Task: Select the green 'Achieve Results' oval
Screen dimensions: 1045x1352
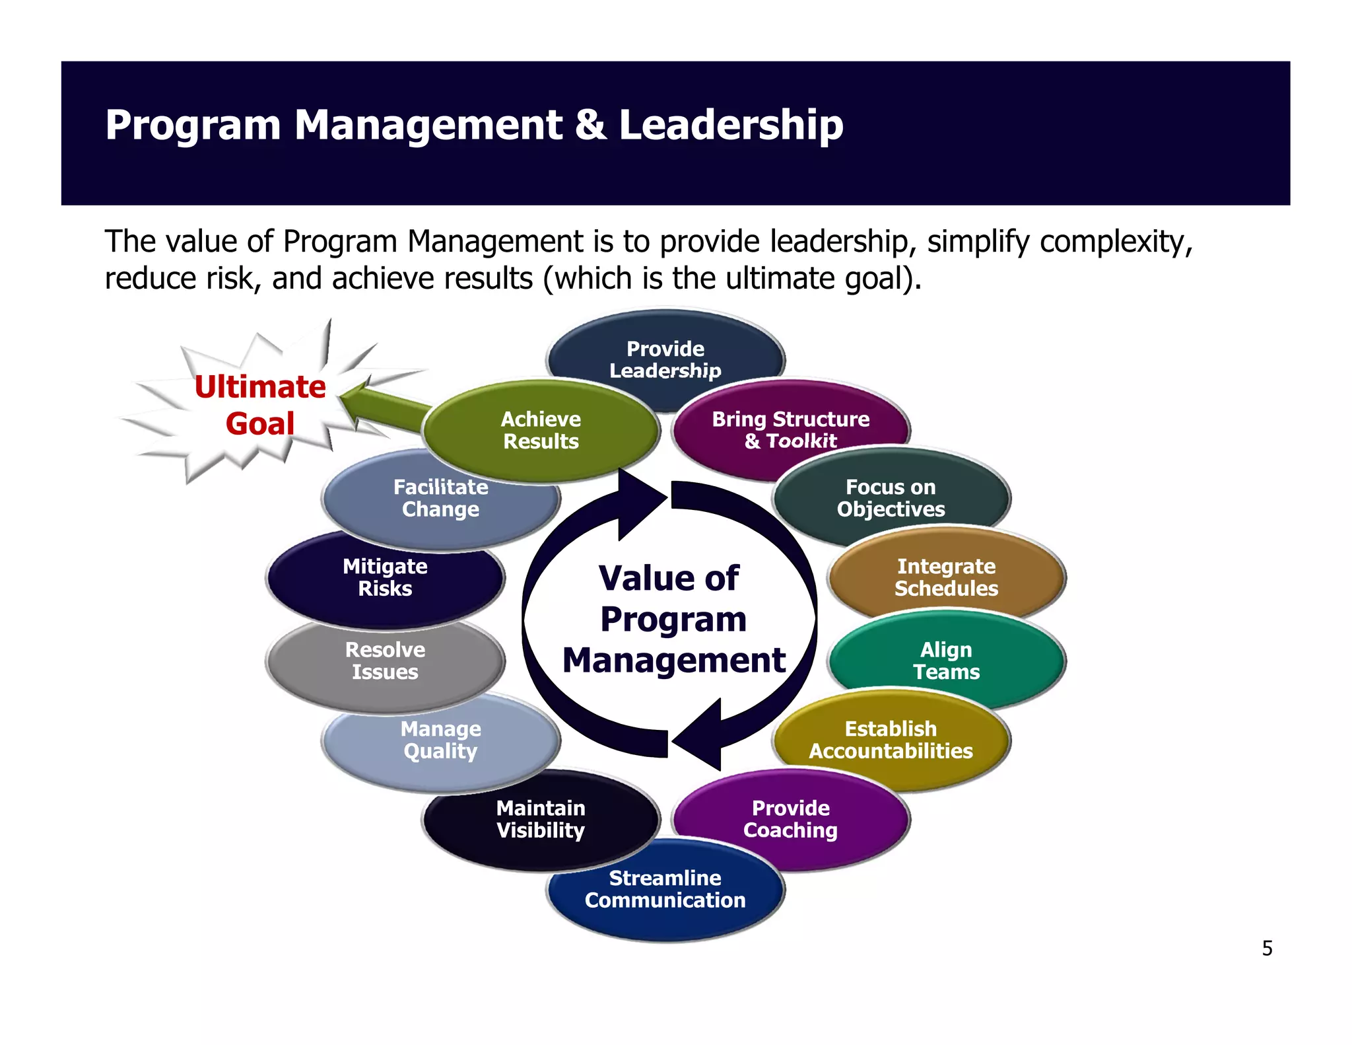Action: tap(541, 430)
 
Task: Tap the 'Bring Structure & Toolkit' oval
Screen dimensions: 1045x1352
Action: tap(791, 429)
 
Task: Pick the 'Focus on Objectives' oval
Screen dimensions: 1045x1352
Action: tap(891, 498)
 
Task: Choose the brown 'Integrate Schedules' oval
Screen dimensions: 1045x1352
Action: tap(946, 577)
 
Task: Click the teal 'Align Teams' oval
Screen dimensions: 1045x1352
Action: tap(946, 661)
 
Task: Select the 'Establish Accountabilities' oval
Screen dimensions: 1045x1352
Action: tap(891, 740)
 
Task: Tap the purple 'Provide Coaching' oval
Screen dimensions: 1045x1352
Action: tap(791, 819)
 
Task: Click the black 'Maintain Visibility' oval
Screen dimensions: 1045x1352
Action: tap(541, 819)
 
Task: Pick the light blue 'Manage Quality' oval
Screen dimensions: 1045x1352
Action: tap(440, 740)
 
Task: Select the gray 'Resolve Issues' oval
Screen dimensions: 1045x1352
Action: tap(385, 661)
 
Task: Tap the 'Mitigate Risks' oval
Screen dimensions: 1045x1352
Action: tap(385, 577)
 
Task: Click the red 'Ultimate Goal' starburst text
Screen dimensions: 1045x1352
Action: tap(260, 405)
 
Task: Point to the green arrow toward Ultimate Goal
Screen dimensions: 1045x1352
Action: tap(383, 404)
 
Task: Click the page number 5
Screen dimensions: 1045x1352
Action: tap(1267, 949)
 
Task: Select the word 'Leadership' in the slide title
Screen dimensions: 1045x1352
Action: tap(731, 125)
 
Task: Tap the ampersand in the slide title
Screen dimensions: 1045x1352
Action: tap(590, 125)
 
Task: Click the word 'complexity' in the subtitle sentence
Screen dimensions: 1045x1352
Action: tap(1116, 242)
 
